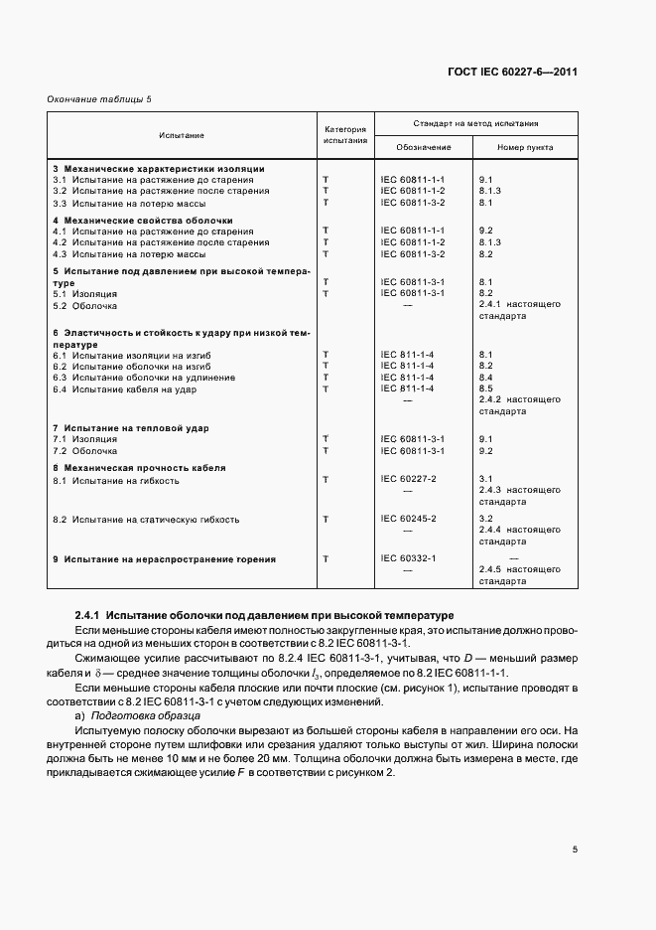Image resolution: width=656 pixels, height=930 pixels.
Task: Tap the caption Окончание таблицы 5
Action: (93, 98)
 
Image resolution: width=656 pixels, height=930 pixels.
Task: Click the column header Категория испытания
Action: (345, 135)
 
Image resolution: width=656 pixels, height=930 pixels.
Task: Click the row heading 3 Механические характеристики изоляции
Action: (158, 169)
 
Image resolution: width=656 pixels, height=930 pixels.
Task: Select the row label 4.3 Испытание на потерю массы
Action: (129, 253)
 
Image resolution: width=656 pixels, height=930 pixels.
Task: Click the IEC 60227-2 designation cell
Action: (408, 479)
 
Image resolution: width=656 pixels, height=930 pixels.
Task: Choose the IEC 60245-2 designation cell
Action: (408, 519)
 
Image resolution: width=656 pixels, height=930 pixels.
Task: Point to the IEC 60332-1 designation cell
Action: (408, 558)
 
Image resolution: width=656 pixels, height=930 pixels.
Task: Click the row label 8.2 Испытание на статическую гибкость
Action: (146, 520)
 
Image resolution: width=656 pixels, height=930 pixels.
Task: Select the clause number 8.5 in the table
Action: (485, 388)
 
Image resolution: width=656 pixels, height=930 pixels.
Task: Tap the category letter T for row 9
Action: (327, 559)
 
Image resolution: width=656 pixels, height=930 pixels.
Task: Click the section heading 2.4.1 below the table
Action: (264, 616)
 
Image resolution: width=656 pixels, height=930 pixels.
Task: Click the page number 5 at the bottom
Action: (575, 849)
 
